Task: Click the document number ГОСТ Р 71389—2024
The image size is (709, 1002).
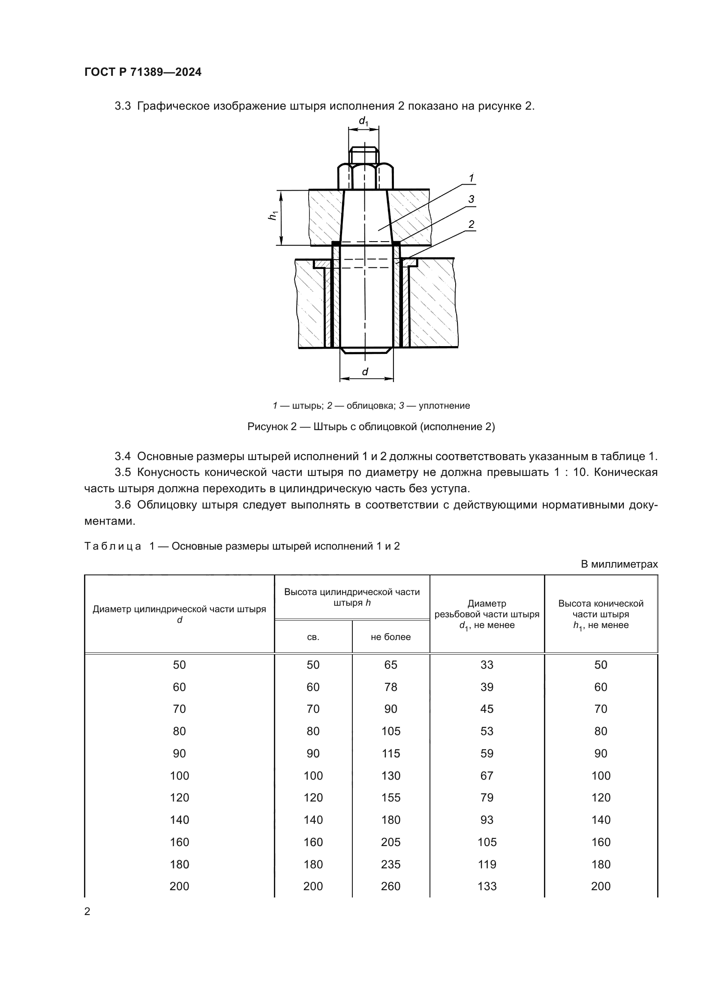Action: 143,72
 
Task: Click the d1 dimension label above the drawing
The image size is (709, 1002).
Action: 363,121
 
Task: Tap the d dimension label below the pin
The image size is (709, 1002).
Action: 365,371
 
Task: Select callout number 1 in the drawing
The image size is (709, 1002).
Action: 471,178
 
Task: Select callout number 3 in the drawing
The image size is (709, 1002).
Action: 471,200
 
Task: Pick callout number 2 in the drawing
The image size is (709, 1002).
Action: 471,224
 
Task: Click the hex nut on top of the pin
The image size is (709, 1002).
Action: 366,176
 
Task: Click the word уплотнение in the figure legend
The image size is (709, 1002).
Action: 444,405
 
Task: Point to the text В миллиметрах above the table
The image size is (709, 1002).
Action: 619,564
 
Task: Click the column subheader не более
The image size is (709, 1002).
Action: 391,637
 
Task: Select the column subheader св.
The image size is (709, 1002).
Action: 313,637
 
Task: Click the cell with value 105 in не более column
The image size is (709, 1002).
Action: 391,731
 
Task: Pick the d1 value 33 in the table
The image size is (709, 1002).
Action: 487,665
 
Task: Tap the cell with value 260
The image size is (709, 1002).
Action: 391,886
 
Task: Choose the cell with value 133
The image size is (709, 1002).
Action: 487,886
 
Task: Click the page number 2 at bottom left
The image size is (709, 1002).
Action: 87,911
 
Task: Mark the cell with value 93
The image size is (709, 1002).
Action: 487,820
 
